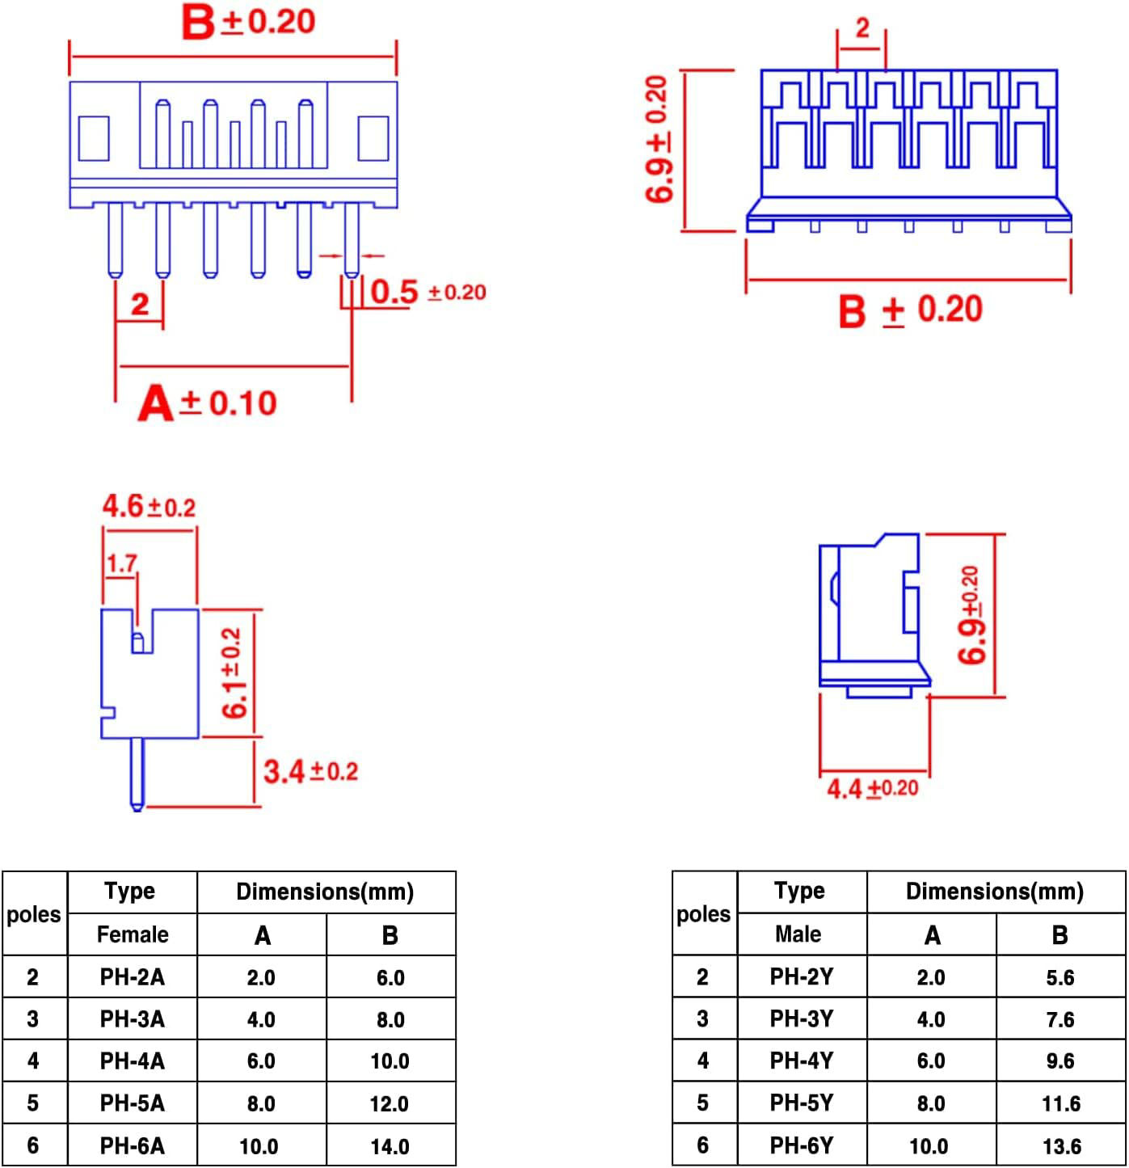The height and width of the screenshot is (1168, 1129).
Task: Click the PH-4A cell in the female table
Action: tap(132, 1060)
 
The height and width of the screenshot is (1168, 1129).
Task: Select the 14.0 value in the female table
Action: tap(390, 1146)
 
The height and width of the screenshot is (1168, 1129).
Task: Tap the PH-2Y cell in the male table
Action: tap(801, 976)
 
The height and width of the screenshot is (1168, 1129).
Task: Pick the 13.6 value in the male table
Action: tap(1061, 1146)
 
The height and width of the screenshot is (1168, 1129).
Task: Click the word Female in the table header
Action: tap(133, 934)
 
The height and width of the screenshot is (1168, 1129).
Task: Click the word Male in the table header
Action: tap(798, 934)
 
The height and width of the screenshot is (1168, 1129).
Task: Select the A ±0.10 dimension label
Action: tap(208, 403)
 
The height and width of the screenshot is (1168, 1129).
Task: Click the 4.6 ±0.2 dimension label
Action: tap(149, 507)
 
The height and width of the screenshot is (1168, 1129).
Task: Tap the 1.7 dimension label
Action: tap(121, 563)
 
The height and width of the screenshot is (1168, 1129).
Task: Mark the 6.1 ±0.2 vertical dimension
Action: tap(233, 673)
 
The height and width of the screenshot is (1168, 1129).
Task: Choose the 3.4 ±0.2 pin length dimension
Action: tap(310, 771)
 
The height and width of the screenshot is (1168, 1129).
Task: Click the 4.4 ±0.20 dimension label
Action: tap(873, 788)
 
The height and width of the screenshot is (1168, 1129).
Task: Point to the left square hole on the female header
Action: tap(93, 138)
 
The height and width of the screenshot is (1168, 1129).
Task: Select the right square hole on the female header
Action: tap(373, 138)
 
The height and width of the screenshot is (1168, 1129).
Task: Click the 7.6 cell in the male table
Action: tap(1060, 1019)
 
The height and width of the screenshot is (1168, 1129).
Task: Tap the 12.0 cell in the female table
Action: tap(390, 1103)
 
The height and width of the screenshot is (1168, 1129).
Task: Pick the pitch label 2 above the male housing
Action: tap(862, 28)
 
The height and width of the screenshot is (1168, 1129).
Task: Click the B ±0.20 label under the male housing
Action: tap(910, 311)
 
